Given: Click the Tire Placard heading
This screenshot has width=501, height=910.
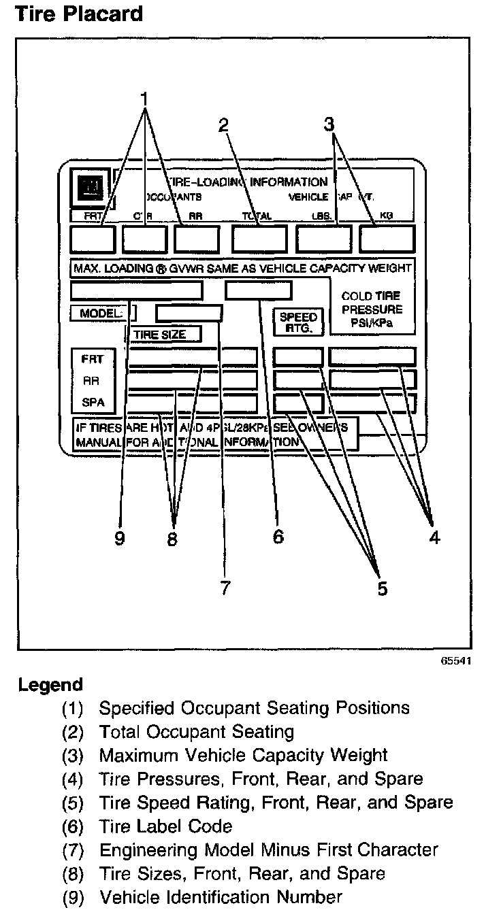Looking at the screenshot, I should tap(80, 14).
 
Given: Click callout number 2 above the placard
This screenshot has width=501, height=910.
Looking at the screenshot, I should tap(223, 124).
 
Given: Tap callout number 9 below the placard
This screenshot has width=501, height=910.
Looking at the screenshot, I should tap(120, 539).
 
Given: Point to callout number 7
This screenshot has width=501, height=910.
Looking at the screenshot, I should tap(225, 587).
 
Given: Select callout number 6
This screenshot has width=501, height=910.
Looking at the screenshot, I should tap(278, 537).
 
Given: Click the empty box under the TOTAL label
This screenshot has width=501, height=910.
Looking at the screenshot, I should tap(259, 238).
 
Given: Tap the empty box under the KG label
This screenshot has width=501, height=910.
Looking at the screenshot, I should tap(387, 238).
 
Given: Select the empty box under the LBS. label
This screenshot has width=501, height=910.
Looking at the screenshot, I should tap(323, 238).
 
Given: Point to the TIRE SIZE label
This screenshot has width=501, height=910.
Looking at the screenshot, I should tap(163, 334).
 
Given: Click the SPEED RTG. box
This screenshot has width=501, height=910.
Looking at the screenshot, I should tap(298, 322).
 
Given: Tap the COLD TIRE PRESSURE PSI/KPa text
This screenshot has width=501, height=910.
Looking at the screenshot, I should tap(371, 310).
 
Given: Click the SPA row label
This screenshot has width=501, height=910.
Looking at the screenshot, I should tap(93, 403).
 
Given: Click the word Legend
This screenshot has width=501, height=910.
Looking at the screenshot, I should tap(50, 684).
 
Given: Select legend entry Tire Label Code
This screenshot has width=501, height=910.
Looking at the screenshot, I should tap(165, 826).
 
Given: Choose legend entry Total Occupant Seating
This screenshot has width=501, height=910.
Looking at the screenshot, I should tap(196, 732).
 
